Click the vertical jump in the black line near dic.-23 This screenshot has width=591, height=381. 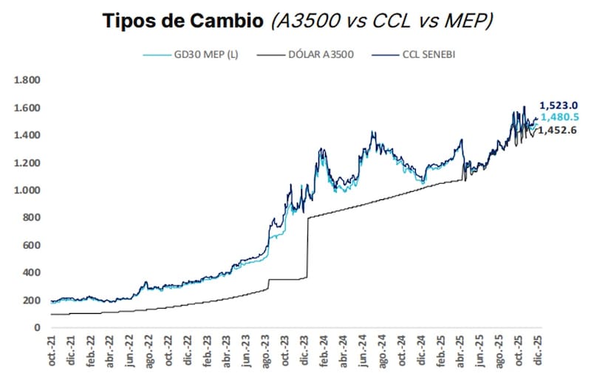click(307, 247)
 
